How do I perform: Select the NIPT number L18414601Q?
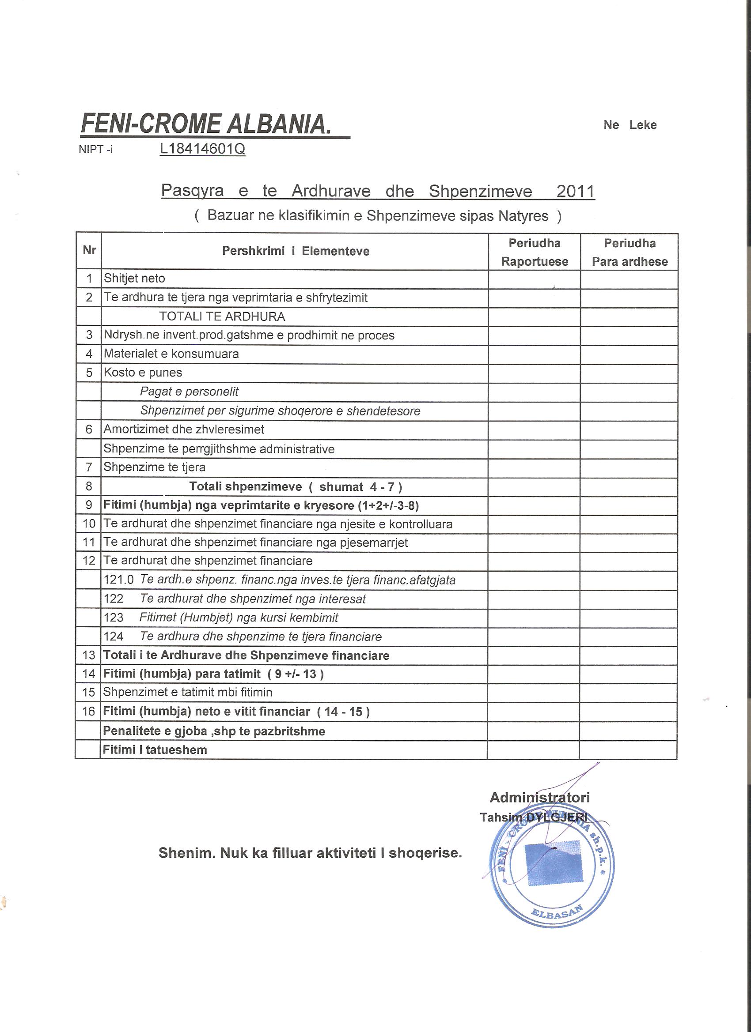pos(202,149)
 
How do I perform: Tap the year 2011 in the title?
pos(576,191)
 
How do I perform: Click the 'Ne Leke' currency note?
pos(630,125)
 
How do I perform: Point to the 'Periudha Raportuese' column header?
pos(535,252)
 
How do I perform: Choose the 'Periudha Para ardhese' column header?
pos(630,252)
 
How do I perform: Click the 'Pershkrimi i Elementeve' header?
pos(296,251)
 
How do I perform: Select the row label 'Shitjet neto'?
pos(134,279)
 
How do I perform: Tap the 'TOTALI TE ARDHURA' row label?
pos(222,316)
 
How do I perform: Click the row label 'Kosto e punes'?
pos(143,373)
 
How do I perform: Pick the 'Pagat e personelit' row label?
pos(189,392)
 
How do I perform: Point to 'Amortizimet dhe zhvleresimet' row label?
pos(184,429)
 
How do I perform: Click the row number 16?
pos(88,712)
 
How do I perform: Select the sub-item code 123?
pos(114,618)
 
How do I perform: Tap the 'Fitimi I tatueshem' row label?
pos(155,750)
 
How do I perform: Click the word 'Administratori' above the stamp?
pos(540,798)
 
